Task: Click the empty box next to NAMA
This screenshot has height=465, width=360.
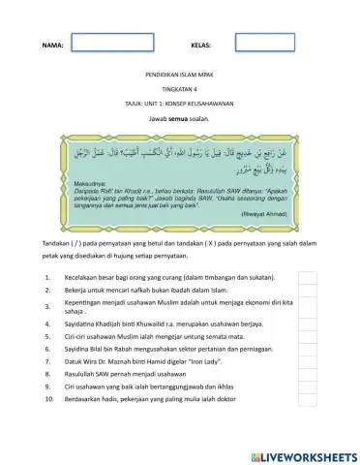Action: (x=112, y=44)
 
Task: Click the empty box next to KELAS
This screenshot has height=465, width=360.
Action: (x=264, y=44)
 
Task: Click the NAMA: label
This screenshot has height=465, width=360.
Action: (x=53, y=46)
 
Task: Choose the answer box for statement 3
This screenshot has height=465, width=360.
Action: (x=307, y=306)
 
